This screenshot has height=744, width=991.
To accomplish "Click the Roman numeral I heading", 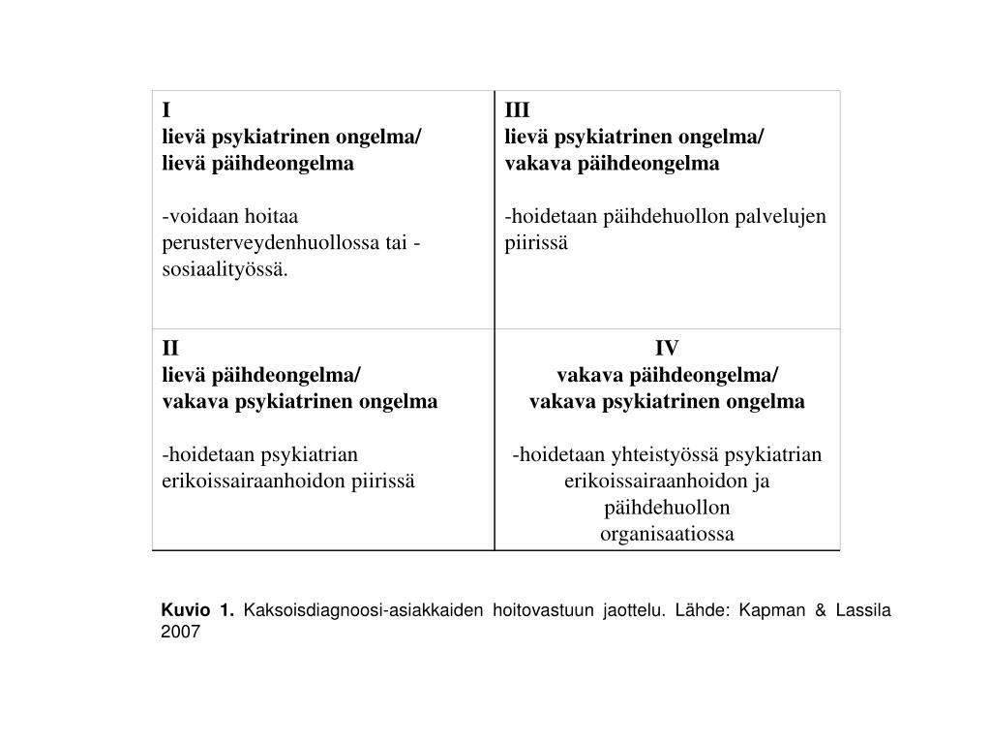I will (165, 109).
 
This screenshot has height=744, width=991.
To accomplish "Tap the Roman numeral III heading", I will (518, 109).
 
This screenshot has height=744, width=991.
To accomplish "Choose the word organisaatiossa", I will (667, 534).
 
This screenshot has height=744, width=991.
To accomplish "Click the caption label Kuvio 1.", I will (197, 610).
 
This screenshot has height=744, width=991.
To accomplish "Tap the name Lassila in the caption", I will (861, 610).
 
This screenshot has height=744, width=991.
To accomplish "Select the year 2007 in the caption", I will (180, 632).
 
